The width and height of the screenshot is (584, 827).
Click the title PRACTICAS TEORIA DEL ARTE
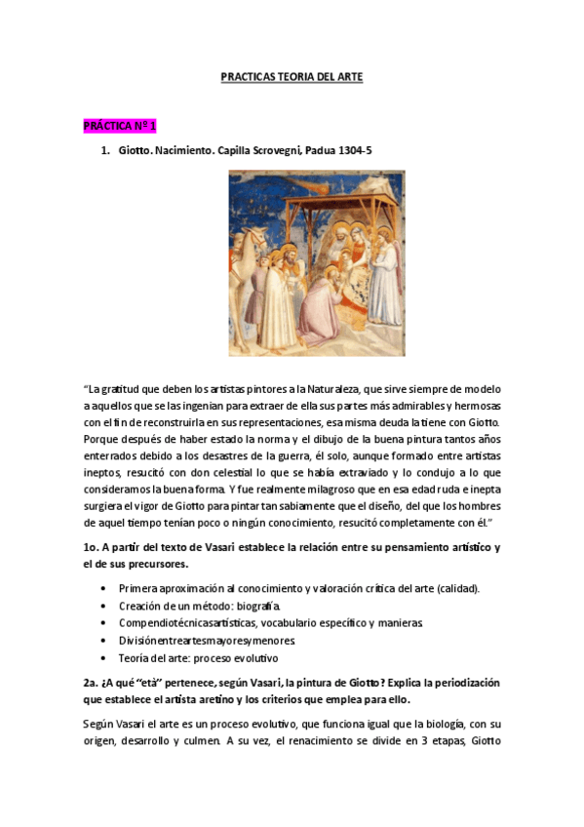click(x=292, y=77)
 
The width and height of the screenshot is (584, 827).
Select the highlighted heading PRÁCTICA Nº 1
click(x=120, y=127)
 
